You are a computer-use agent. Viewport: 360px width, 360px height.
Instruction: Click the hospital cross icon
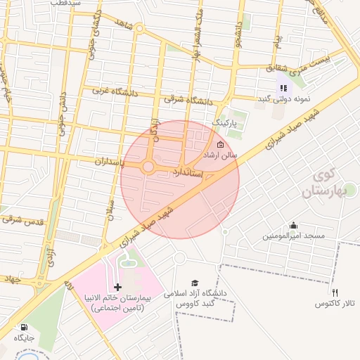tap(117, 287)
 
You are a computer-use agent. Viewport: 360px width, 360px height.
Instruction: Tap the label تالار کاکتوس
tap(335, 303)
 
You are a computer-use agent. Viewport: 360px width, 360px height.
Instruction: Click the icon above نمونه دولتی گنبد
tap(283, 88)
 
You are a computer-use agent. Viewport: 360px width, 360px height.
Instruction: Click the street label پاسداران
tap(109, 162)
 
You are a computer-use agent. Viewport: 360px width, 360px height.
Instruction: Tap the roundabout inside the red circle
tap(148, 167)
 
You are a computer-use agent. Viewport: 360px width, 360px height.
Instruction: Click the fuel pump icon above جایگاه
tap(25, 328)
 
